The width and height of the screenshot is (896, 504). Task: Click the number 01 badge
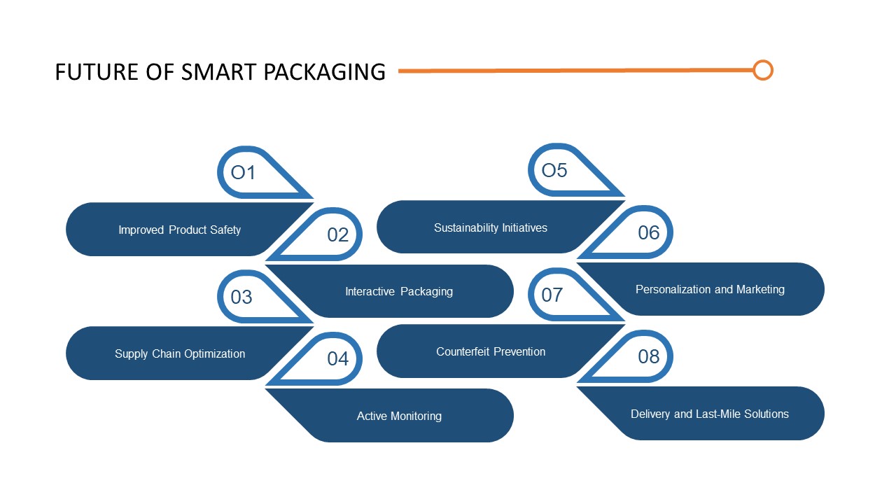click(244, 172)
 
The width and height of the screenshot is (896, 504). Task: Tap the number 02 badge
click(337, 235)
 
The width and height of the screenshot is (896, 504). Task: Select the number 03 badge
click(241, 297)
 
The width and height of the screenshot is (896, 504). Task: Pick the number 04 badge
click(337, 358)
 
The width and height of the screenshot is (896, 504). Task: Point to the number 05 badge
click(554, 170)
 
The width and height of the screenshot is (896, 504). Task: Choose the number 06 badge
click(648, 232)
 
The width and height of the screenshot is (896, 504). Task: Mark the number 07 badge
click(552, 295)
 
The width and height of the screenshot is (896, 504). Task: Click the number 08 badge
click(648, 356)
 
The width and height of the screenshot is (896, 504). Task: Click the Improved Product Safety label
click(179, 230)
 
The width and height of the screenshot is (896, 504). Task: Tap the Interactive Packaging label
click(399, 291)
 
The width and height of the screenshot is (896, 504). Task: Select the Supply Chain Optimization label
click(180, 353)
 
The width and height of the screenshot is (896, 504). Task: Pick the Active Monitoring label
click(399, 416)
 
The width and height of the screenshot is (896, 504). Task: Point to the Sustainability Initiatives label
click(491, 227)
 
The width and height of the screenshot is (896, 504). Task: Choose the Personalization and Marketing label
click(710, 289)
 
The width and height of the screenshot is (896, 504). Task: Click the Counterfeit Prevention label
click(491, 351)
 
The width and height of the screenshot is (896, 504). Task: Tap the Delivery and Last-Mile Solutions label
click(710, 414)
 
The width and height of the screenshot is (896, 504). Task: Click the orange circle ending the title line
click(763, 70)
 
